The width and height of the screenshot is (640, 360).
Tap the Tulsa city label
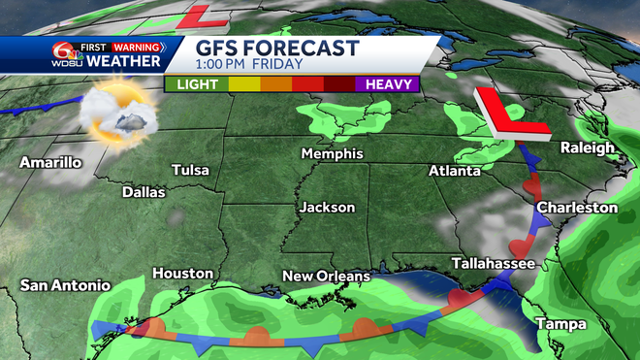point(190,171)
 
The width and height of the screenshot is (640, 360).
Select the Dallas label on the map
point(144,192)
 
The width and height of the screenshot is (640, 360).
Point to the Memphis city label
point(332,154)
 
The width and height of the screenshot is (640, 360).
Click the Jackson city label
point(327,208)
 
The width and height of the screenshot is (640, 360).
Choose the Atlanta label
point(455,171)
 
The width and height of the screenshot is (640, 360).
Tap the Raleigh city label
point(588,147)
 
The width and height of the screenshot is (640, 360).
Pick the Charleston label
point(577,208)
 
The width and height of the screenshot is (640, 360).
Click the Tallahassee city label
point(495,264)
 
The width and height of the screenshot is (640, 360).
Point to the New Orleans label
point(326,277)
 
